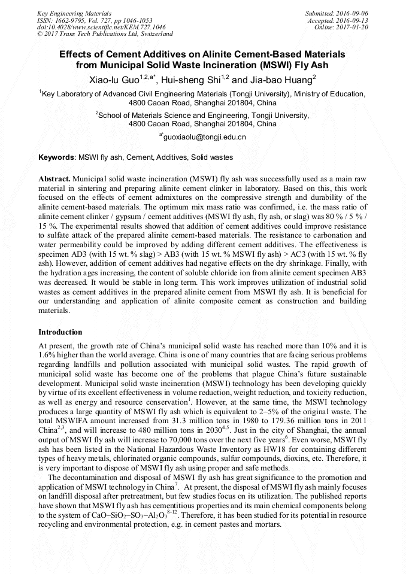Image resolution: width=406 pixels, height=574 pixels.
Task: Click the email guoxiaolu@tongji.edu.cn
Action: tap(204, 137)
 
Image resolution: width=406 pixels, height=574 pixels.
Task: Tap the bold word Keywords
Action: tap(56, 157)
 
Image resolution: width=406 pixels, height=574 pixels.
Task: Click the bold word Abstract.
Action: tap(54, 179)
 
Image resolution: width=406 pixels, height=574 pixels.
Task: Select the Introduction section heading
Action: tap(60, 332)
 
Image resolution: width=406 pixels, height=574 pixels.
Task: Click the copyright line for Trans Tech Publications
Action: tap(105, 34)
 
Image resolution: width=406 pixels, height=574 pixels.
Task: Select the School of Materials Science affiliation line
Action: tap(202, 115)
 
